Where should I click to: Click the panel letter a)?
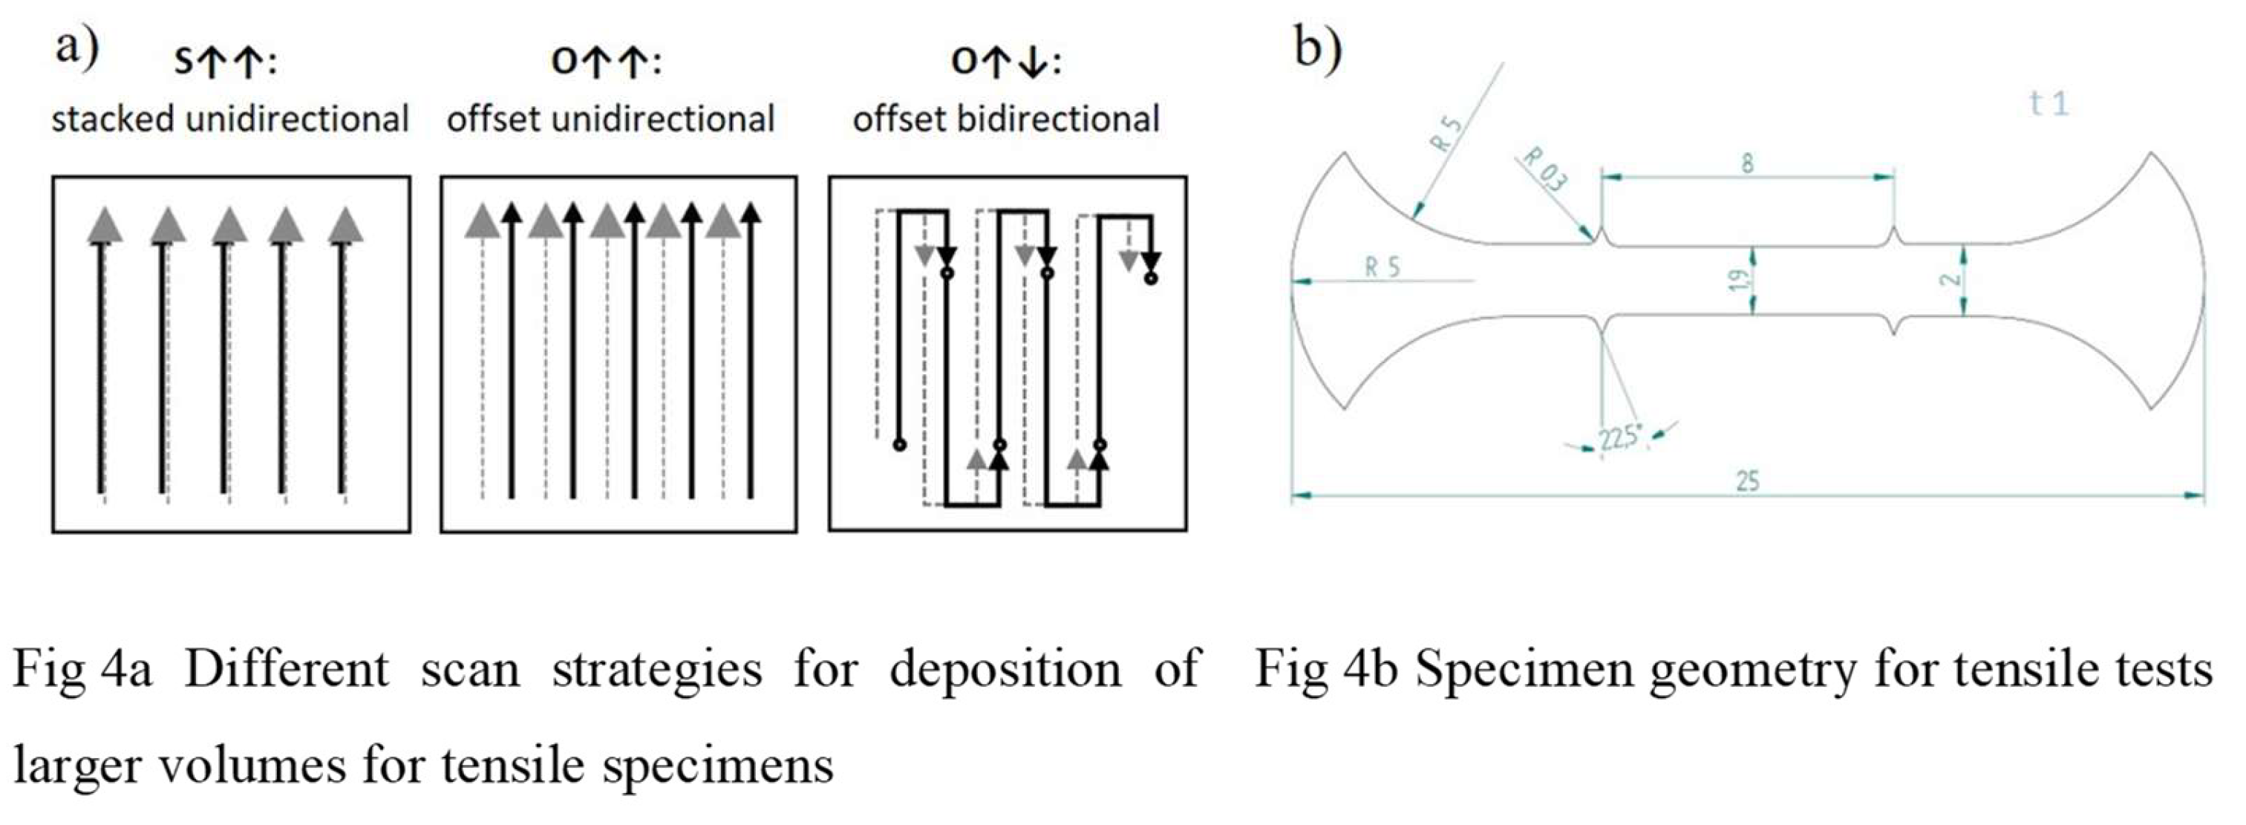pos(76,48)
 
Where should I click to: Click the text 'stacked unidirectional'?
pos(230,120)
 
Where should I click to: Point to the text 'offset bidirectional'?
pos(1006,120)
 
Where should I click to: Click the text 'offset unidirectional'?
pos(610,120)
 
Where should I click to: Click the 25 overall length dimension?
pos(1747,480)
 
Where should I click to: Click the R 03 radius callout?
pos(1544,169)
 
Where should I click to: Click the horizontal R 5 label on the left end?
pos(1382,268)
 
